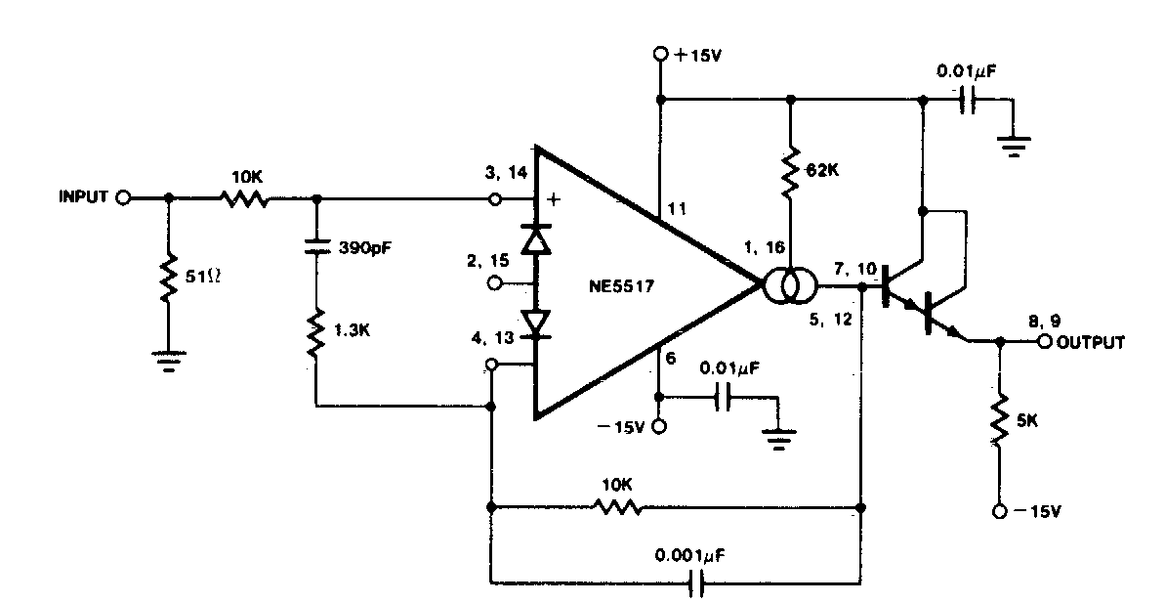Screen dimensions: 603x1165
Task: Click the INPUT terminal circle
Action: click(x=124, y=196)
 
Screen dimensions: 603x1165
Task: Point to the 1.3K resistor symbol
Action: click(x=315, y=332)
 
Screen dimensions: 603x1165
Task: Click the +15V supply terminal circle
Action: click(x=660, y=55)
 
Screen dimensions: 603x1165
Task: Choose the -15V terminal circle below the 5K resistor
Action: click(x=999, y=511)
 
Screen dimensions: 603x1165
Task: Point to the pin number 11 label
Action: click(x=677, y=209)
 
